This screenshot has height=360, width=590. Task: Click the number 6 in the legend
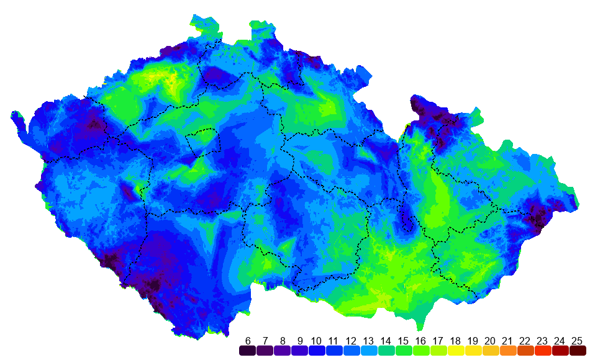[248, 341]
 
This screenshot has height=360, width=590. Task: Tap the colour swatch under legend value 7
[265, 351]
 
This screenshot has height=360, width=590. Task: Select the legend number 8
[283, 341]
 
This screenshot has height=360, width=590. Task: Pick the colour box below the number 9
[300, 351]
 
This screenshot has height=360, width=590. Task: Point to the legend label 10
[317, 341]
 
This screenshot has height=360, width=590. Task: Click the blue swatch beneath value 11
[334, 351]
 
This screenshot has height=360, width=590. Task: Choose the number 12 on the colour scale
[352, 341]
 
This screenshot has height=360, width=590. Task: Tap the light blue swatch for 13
[369, 351]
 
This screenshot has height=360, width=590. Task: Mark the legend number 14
[386, 341]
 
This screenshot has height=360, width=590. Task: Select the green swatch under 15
[404, 351]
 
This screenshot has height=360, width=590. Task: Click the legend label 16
[421, 341]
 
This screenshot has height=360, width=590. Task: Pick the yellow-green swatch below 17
[438, 351]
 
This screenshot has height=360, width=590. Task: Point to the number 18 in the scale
[456, 341]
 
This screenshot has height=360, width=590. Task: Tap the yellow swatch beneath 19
[473, 351]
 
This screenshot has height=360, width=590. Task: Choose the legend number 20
[491, 341]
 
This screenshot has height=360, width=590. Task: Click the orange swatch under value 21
[508, 351]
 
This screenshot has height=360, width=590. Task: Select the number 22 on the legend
[525, 341]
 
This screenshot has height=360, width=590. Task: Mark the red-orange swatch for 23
[543, 351]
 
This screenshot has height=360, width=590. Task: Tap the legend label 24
[560, 341]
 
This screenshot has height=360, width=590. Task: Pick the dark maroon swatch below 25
[578, 351]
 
